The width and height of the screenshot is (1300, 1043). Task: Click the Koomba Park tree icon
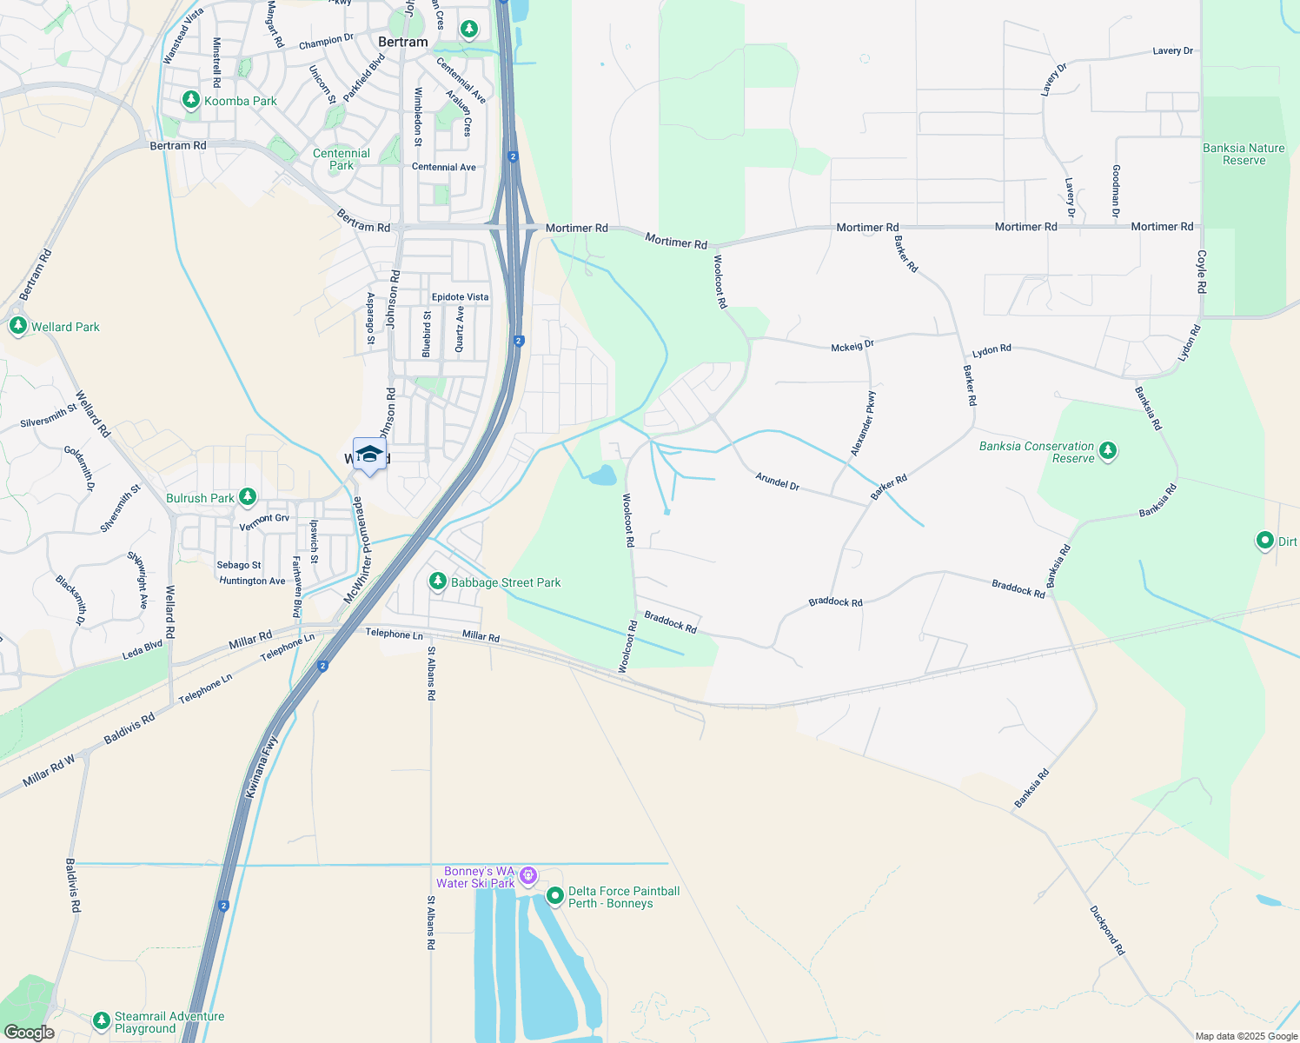[x=191, y=101]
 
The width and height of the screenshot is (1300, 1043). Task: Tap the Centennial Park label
[x=342, y=159]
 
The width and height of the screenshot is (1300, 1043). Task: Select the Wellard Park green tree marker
[x=18, y=327]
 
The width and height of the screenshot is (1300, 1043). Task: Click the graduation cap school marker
[x=369, y=455]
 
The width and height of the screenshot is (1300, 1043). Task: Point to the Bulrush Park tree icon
[x=248, y=497]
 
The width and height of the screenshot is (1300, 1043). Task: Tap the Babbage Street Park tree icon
[x=438, y=581]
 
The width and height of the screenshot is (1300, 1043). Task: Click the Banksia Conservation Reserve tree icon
[x=1107, y=451]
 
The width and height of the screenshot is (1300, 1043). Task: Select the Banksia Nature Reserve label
[x=1244, y=154]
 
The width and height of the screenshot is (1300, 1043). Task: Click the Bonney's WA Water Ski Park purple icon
[x=528, y=876]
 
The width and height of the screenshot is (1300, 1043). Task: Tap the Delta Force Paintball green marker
[x=555, y=896]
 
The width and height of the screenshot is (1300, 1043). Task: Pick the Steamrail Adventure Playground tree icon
[x=102, y=1020]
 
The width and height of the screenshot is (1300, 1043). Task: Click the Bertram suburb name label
[x=403, y=42]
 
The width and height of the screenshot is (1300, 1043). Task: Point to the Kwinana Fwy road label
[x=261, y=767]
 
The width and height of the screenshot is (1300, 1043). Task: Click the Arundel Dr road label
[x=777, y=482]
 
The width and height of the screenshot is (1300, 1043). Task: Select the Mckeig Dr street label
[x=852, y=346]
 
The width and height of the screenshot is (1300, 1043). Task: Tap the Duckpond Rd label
[x=1107, y=930]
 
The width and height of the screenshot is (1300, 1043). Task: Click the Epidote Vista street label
[x=460, y=297]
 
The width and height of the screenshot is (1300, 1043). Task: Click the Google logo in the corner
[x=29, y=1033]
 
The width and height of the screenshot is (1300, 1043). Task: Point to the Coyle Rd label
[x=1202, y=271]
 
